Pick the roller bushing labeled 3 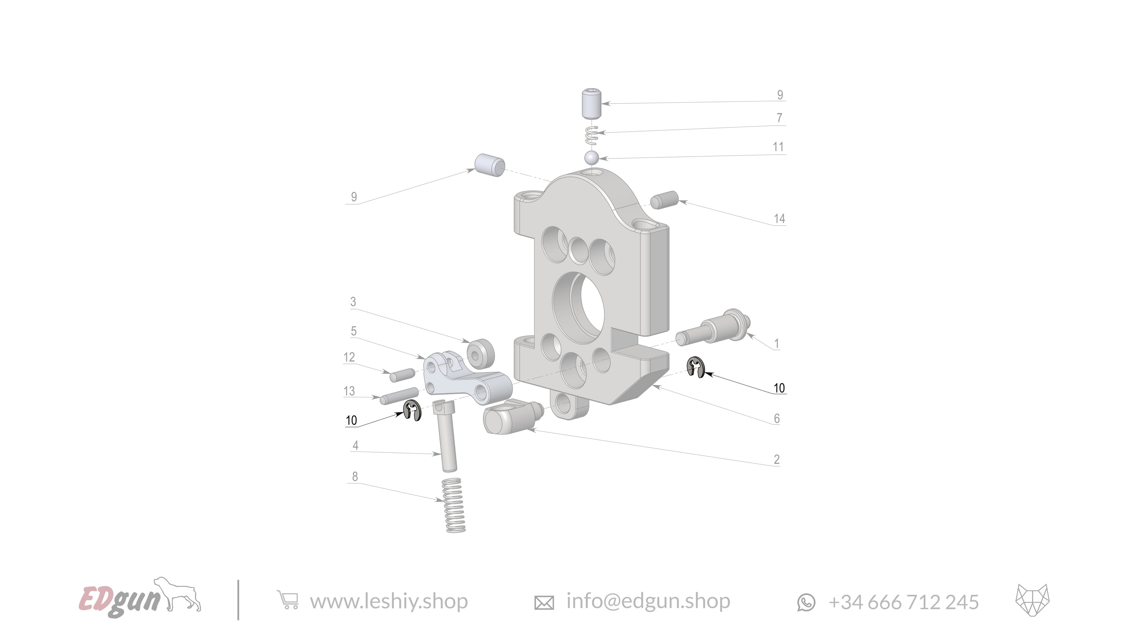480,353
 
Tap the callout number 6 777,418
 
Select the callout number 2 777,459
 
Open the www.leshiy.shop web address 389,601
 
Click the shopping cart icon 288,600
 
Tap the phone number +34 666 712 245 904,602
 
